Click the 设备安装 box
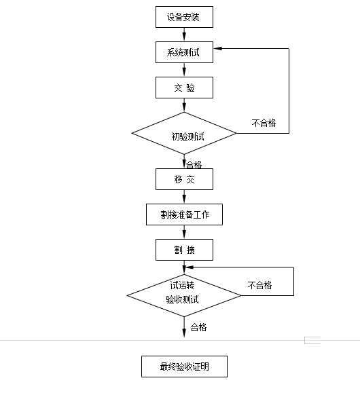(x=184, y=16)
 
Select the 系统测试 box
(x=184, y=52)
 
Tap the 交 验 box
(x=184, y=87)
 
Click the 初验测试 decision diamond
(x=184, y=134)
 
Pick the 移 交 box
(x=184, y=179)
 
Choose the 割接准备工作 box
(x=184, y=214)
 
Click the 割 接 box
(x=184, y=250)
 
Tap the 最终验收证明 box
(x=184, y=367)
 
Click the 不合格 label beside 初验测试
(x=264, y=123)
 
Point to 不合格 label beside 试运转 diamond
(x=259, y=285)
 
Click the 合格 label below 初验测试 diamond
(x=194, y=164)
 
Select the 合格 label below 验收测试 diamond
(x=198, y=327)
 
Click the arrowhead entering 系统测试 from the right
(x=218, y=49)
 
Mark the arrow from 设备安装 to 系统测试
(x=184, y=34)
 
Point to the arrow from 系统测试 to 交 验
(x=184, y=69)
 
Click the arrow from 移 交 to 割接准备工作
(x=184, y=197)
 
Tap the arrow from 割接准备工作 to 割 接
(x=184, y=232)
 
